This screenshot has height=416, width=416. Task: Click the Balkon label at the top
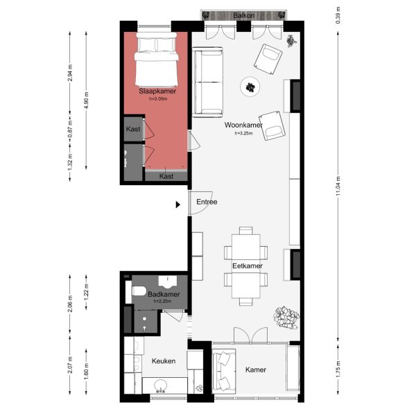tap(242, 14)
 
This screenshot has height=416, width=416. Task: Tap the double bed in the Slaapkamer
tap(156, 60)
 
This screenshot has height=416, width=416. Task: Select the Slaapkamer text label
tap(157, 91)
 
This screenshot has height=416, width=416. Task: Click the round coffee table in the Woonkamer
tap(250, 87)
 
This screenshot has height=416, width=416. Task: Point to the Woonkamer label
tap(243, 125)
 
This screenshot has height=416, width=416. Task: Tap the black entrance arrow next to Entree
tap(178, 205)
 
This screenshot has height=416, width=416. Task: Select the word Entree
tap(207, 202)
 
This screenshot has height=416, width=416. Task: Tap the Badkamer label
tap(164, 295)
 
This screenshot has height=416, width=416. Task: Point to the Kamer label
tap(256, 370)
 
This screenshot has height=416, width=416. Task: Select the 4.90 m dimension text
tap(87, 100)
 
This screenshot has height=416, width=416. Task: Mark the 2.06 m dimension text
tap(71, 303)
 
